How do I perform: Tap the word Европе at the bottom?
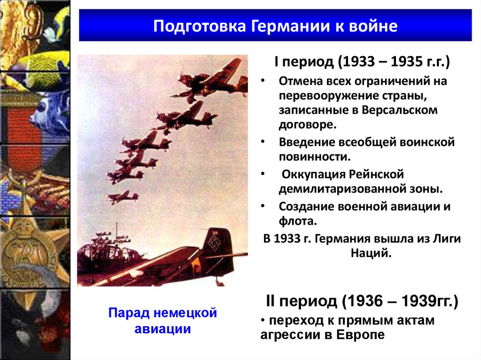[x=361, y=335]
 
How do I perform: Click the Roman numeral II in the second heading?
[x=272, y=301]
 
